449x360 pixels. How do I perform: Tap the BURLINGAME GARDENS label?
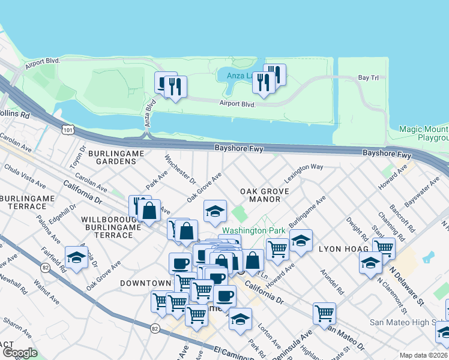116,158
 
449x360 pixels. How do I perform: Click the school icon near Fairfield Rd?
77,257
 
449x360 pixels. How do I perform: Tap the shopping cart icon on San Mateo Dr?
324,312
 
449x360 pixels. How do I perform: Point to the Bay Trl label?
367,78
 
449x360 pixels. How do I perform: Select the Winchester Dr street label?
180,171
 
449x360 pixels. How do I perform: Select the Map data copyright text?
424,355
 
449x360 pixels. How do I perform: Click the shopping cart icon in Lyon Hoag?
383,247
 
